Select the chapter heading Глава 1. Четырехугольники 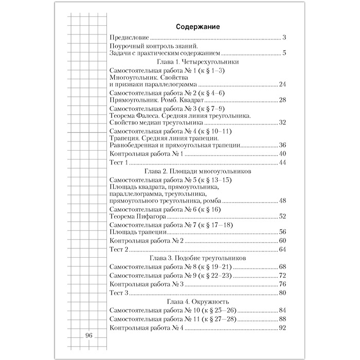click(198, 61)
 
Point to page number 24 click(282, 84)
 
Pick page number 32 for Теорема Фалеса click(282, 122)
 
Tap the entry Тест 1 click(118, 163)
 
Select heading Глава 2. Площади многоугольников click(198, 171)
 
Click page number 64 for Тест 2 click(282, 249)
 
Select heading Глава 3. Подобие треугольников click(198, 258)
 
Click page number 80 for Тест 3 click(282, 293)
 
